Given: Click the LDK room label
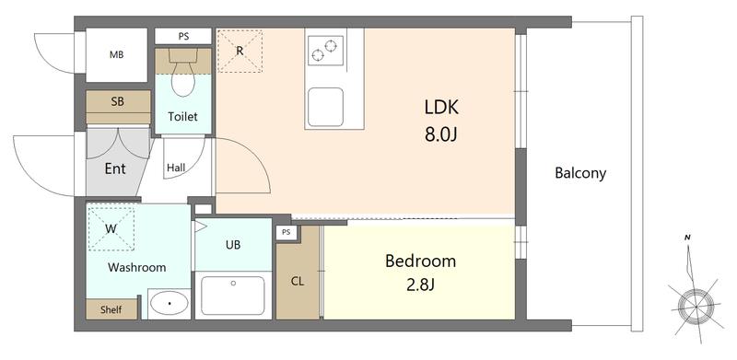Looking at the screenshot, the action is (441, 108).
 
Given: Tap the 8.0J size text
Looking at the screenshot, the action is (441, 135).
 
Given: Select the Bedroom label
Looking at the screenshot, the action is (420, 261).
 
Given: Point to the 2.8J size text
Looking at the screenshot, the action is (420, 285).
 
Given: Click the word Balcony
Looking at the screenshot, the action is (580, 173).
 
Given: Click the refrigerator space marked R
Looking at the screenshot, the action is (240, 51).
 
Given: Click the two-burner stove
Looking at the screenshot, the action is (325, 51).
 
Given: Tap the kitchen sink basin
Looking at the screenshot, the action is (325, 107).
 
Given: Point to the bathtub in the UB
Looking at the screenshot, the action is (233, 296).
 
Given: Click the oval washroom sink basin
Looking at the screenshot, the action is (170, 304).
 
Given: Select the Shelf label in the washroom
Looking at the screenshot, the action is (111, 309).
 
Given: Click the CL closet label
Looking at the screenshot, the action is (297, 282).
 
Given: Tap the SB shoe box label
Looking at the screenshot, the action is (118, 100).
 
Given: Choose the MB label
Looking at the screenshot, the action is (117, 54).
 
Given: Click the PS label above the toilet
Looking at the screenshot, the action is (183, 36).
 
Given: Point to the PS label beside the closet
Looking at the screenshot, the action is (287, 232).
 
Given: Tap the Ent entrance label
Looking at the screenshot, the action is (115, 168).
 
